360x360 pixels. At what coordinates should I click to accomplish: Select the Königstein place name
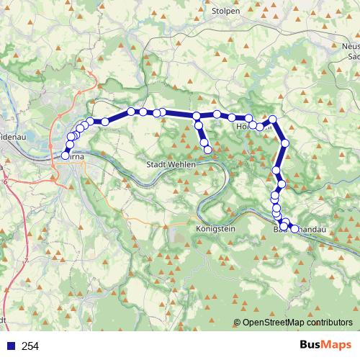[215, 228]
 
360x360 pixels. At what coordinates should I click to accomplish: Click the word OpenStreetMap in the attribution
[272, 323]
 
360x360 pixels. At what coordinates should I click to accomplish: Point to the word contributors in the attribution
[329, 323]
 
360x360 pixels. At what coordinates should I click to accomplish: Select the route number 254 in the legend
[30, 346]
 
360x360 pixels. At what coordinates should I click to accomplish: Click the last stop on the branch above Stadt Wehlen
[208, 150]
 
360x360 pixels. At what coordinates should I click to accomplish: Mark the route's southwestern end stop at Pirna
[66, 155]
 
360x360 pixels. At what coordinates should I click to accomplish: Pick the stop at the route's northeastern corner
[273, 119]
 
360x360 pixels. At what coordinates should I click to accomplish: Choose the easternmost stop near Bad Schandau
[294, 228]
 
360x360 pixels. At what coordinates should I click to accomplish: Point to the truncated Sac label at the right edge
[353, 55]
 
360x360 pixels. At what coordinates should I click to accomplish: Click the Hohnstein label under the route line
[253, 126]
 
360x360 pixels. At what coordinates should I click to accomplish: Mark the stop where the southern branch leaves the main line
[197, 116]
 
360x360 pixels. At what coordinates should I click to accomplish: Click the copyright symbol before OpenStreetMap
[238, 323]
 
